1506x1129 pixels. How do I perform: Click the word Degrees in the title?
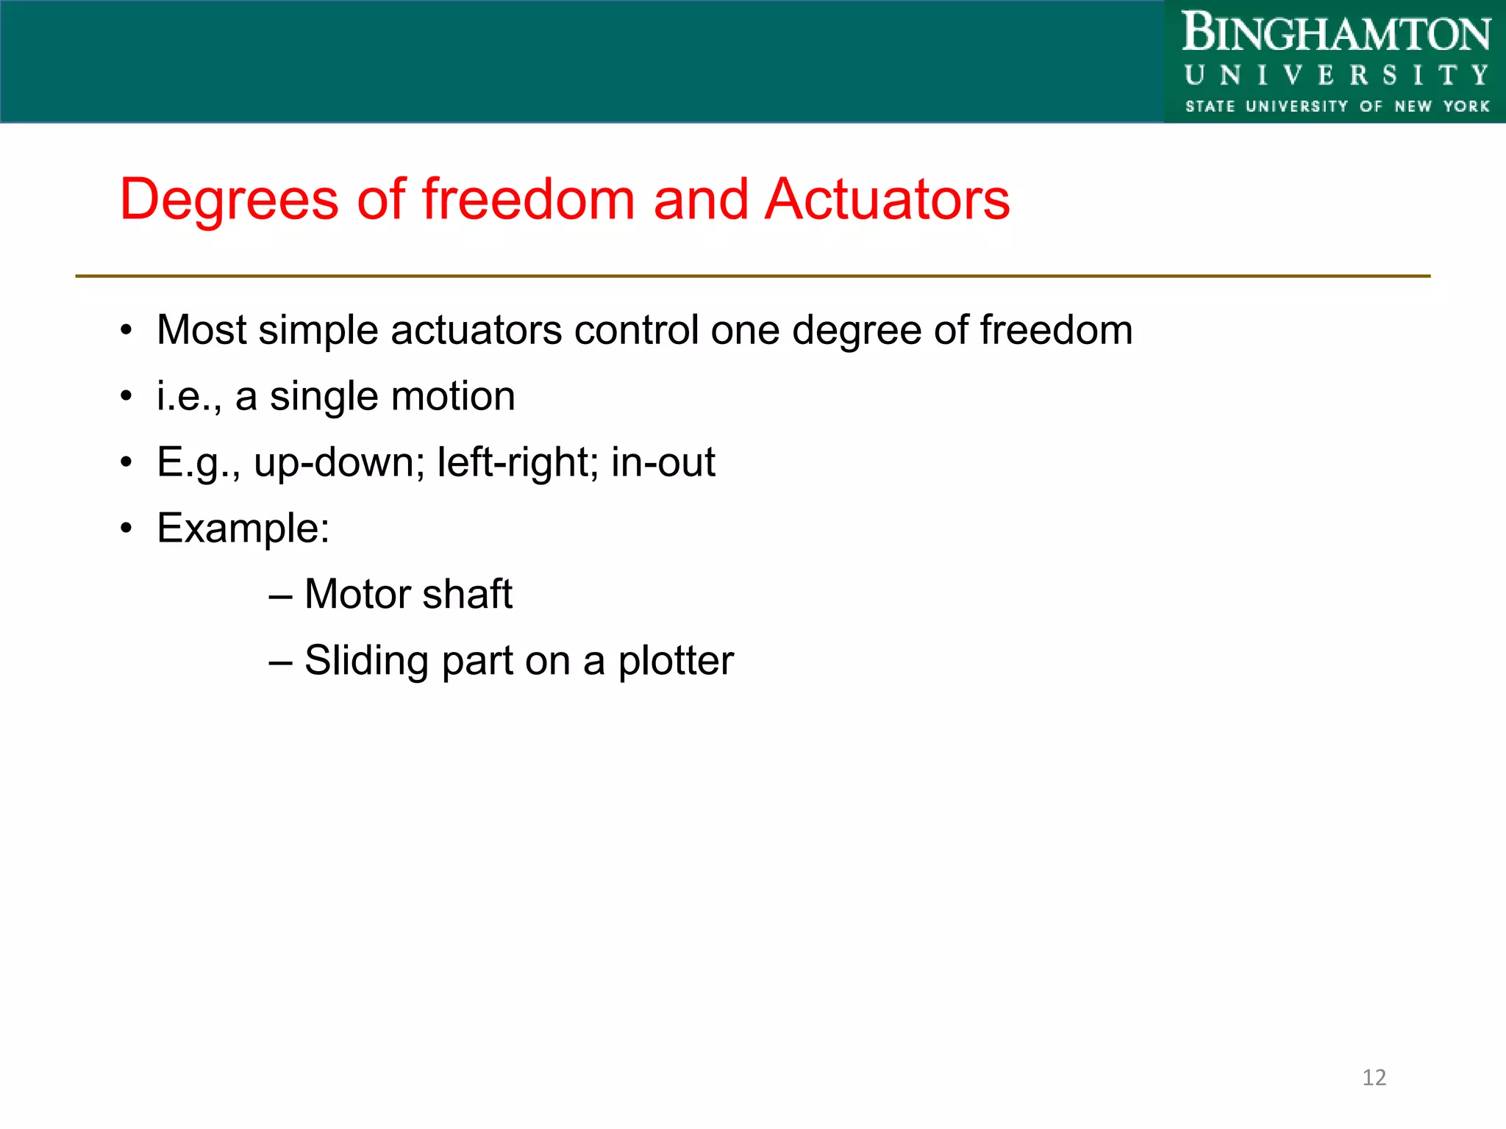pos(229,200)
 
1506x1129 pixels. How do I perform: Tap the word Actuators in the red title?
pos(887,200)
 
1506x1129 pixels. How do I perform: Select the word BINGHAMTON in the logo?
pos(1336,34)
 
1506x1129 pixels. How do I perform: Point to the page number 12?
pos(1374,1078)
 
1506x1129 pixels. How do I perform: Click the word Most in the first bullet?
pos(201,330)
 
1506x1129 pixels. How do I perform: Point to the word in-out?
pos(663,462)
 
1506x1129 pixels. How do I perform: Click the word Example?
pos(243,528)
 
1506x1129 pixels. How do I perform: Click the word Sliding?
pos(366,661)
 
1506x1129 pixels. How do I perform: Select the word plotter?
pos(676,661)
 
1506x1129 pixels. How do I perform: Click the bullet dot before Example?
pos(126,528)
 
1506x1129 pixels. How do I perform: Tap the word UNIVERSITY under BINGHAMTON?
pos(1336,75)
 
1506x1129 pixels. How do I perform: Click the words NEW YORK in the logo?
pos(1441,107)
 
